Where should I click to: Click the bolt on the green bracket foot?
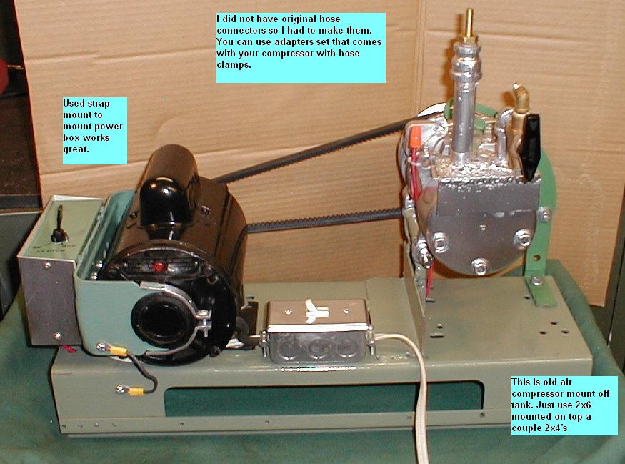click(537, 281)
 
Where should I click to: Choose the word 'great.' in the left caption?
click(76, 149)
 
